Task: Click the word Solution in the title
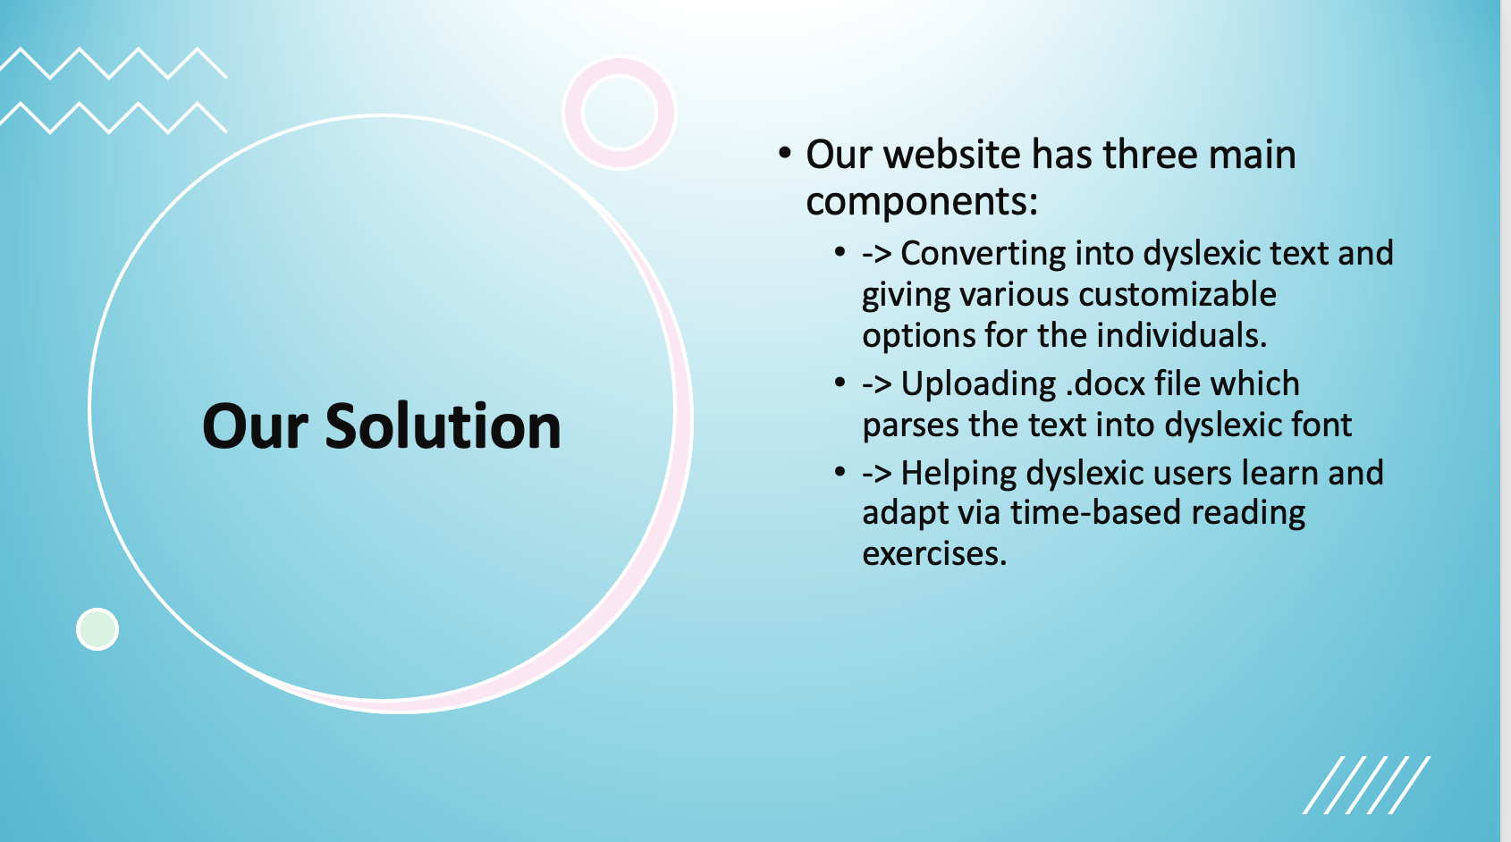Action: [x=443, y=425]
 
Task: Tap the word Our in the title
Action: [x=255, y=426]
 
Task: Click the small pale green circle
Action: [x=97, y=629]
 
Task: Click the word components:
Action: [x=922, y=201]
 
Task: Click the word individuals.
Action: [x=1182, y=335]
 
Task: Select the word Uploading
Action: [x=978, y=384]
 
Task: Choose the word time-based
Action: [x=1094, y=512]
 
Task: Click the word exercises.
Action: [x=934, y=554]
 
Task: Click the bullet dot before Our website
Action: [x=784, y=152]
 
